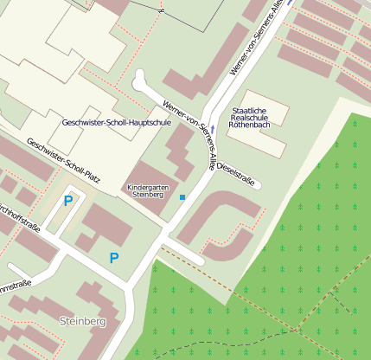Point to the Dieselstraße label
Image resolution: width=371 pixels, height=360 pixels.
236,172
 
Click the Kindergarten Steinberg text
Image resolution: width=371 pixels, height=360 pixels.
145,191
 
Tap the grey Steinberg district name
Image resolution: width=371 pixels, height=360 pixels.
82,321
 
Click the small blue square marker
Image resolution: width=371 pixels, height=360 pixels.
182,198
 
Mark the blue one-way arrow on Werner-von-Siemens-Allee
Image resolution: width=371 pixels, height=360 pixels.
213,129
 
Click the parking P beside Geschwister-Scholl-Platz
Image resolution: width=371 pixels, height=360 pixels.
67,201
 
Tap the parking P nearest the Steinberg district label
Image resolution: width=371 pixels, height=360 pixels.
113,257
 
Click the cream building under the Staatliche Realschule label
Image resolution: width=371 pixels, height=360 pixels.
260,138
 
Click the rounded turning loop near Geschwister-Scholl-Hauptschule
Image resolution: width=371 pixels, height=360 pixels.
140,80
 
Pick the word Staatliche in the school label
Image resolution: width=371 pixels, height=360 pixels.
253,111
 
